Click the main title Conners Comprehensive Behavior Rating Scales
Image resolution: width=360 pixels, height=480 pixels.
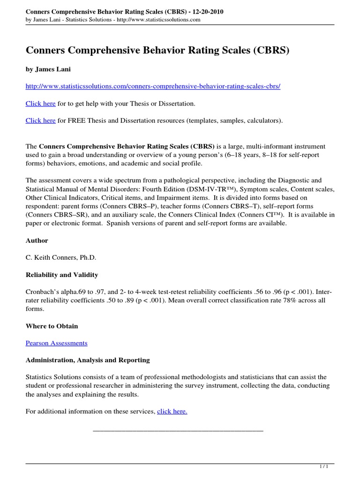pyautogui.click(x=157, y=50)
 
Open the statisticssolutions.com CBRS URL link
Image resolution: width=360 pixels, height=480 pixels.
pyautogui.click(x=153, y=87)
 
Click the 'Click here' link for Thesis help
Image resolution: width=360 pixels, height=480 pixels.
pyautogui.click(x=40, y=104)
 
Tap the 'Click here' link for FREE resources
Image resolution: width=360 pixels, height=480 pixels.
pyautogui.click(x=40, y=120)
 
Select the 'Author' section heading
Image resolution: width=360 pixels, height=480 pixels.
pyautogui.click(x=37, y=240)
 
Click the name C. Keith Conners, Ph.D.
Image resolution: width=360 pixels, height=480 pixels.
pyautogui.click(x=60, y=257)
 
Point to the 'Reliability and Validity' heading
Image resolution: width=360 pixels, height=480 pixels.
pyautogui.click(x=61, y=275)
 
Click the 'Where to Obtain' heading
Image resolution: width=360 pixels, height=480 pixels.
pyautogui.click(x=52, y=326)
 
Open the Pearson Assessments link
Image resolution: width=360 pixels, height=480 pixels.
pyautogui.click(x=56, y=343)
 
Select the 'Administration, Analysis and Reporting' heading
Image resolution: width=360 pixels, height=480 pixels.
pyautogui.click(x=88, y=360)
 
